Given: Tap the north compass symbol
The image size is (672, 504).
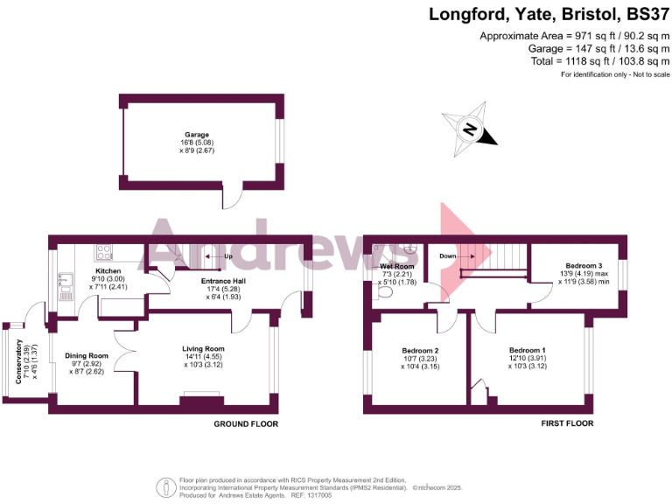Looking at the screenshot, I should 470,129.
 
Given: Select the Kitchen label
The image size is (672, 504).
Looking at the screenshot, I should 108,271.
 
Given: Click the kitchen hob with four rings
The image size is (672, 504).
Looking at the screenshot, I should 105,253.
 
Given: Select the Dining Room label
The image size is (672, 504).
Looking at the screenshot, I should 87,355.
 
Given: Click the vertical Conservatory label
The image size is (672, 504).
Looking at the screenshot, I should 20,367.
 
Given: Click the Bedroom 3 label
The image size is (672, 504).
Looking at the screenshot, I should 584,264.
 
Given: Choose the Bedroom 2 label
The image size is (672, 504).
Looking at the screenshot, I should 420,350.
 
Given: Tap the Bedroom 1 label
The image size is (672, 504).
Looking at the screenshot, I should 528,350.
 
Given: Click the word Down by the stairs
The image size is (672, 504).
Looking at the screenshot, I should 448,256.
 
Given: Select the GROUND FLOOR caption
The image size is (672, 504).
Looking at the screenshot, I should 246,423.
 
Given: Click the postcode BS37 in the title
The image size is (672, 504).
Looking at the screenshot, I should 647,14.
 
